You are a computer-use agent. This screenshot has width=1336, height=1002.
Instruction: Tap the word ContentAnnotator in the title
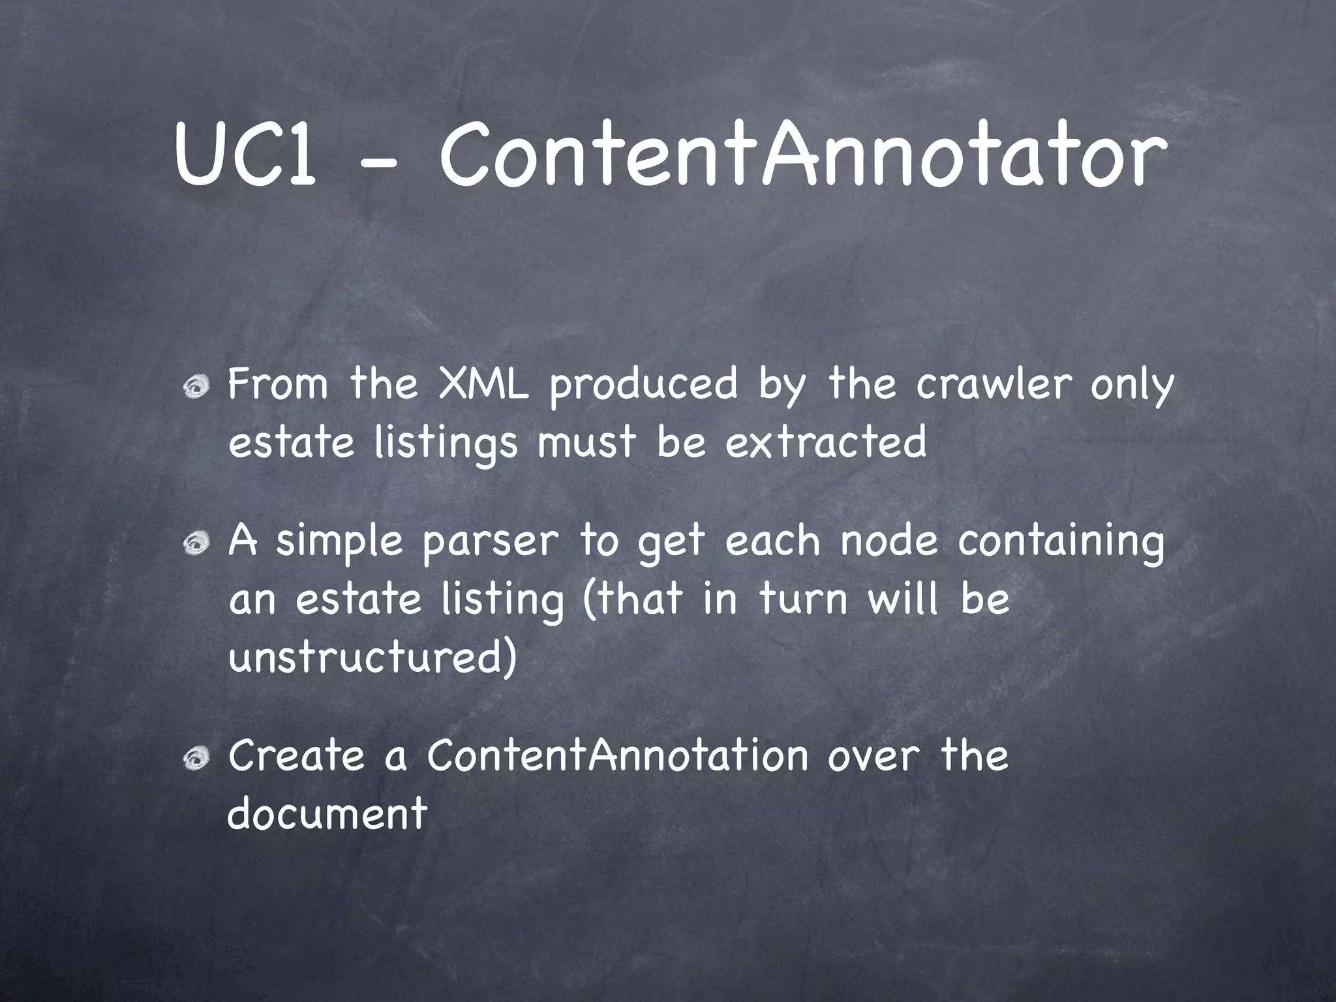(x=801, y=156)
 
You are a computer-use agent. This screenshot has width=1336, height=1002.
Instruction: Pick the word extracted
(x=825, y=443)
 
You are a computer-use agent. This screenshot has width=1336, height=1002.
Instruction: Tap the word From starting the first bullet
(x=278, y=384)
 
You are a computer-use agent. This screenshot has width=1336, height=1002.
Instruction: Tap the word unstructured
(x=372, y=658)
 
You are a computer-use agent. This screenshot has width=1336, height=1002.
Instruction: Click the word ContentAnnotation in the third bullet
(x=618, y=755)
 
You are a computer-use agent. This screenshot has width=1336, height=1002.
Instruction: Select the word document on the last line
(x=327, y=814)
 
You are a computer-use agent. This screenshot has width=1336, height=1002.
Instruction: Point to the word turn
(x=802, y=600)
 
